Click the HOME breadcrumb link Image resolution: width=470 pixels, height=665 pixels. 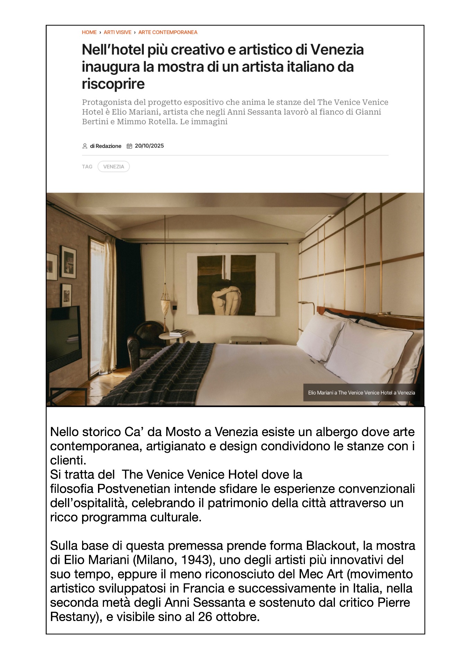pos(89,32)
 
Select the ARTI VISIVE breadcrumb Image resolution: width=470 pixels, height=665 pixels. pos(117,32)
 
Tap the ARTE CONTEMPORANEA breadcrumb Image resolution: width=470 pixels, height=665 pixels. pos(168,32)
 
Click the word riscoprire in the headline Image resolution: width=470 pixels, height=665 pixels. pos(113,84)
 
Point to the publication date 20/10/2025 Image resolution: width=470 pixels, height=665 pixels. pos(149,146)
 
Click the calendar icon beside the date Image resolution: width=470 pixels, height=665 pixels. pos(129,146)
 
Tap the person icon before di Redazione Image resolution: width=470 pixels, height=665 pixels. pos(85,146)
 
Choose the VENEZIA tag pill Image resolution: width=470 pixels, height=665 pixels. pos(114,167)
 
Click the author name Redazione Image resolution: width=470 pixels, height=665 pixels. pos(108,146)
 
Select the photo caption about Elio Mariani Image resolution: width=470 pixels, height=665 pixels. pos(361,392)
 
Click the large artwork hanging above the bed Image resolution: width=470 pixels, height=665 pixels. pos(231,284)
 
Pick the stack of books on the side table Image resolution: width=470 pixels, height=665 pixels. pos(179,333)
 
